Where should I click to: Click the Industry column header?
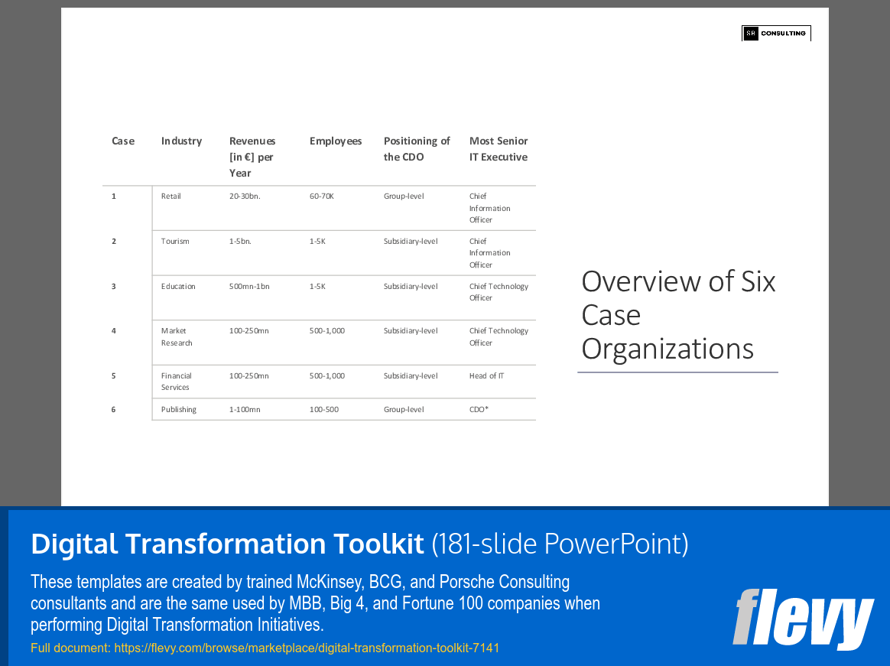[x=181, y=141]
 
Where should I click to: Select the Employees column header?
[x=336, y=141]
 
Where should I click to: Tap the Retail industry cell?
[x=171, y=197]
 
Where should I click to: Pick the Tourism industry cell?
[x=175, y=242]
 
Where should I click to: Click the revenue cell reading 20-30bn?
[x=245, y=197]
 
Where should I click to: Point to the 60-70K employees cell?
[x=322, y=197]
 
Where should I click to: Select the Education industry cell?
[x=178, y=287]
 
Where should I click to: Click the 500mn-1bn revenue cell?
[x=249, y=287]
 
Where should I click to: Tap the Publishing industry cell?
[x=179, y=410]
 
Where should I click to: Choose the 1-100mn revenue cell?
[x=245, y=410]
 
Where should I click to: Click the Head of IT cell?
[x=486, y=376]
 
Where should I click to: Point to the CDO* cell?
[x=479, y=410]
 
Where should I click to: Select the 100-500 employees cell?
[x=324, y=410]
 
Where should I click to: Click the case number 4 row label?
[x=114, y=331]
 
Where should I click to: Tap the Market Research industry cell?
[x=176, y=337]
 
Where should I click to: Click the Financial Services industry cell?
[x=176, y=382]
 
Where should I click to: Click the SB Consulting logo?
[x=776, y=34]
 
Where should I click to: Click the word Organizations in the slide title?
[x=667, y=349]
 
